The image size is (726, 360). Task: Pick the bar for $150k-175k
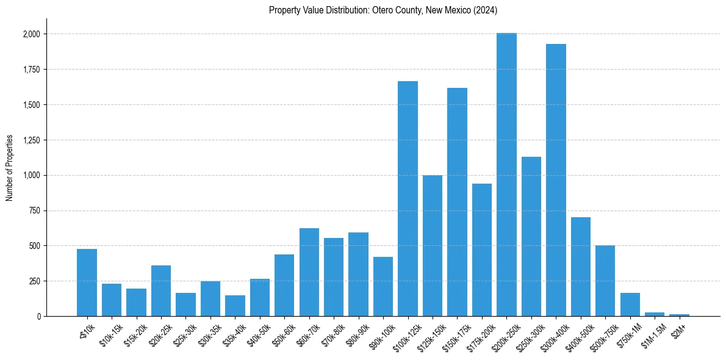(457, 202)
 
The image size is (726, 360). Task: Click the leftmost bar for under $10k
(87, 283)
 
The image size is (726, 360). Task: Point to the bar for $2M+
(679, 315)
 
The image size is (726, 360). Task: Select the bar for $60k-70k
(309, 272)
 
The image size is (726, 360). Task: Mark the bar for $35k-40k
(235, 306)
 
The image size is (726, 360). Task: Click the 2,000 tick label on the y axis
(31, 34)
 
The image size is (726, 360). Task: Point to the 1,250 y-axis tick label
(31, 140)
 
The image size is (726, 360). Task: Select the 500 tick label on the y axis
(34, 246)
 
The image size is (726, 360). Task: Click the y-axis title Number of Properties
(9, 167)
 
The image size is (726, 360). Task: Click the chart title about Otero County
(384, 10)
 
